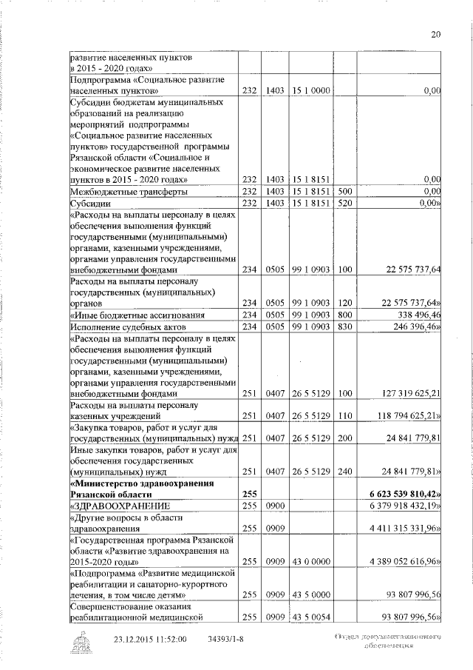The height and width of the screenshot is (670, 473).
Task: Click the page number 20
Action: point(435,33)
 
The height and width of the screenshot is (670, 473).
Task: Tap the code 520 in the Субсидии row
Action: point(344,203)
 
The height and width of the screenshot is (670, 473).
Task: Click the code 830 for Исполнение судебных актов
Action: point(344,326)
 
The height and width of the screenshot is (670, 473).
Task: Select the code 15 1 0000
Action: point(310,90)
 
